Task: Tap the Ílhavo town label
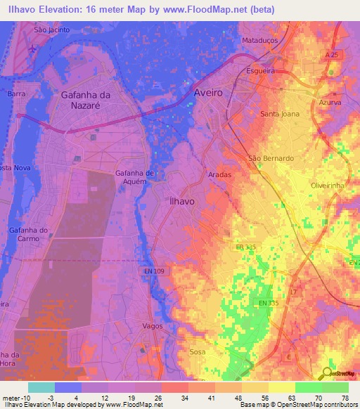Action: pyautogui.click(x=182, y=200)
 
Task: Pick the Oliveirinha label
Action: pyautogui.click(x=330, y=185)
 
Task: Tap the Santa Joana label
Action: pyautogui.click(x=279, y=113)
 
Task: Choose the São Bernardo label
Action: pyautogui.click(x=271, y=158)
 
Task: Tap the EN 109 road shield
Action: pyautogui.click(x=162, y=270)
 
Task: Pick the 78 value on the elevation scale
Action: pyautogui.click(x=345, y=397)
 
